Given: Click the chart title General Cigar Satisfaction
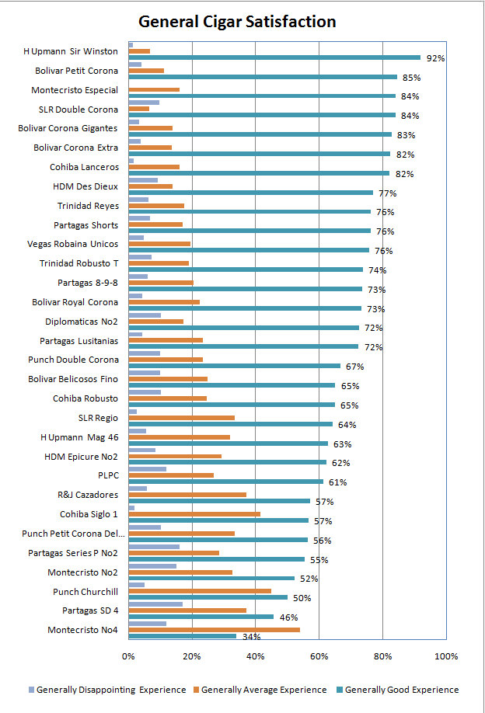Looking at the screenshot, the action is (x=237, y=22).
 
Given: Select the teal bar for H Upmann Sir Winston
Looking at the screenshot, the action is (x=274, y=57).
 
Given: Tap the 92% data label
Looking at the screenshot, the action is (x=435, y=58).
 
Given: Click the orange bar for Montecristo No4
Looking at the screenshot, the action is (x=215, y=630).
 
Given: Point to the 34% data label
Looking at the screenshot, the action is (x=251, y=637).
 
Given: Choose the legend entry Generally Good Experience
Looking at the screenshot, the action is (x=398, y=690).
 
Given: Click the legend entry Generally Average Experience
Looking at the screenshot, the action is (x=260, y=690).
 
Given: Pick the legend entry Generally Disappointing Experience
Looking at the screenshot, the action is (x=107, y=690).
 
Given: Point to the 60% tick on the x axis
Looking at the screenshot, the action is (x=319, y=656).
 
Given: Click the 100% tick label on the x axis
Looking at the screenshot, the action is (x=446, y=656).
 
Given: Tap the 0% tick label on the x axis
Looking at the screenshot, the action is (x=128, y=656).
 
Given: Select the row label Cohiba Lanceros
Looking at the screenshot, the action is (x=84, y=167).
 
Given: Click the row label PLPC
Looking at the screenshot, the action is (x=108, y=475).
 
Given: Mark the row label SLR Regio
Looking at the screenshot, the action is (x=98, y=418).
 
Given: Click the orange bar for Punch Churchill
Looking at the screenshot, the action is (x=200, y=591).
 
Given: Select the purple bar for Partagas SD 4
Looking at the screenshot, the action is (x=155, y=604).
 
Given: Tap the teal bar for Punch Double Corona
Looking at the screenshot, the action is (x=234, y=366).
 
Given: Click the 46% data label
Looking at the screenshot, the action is (x=289, y=617).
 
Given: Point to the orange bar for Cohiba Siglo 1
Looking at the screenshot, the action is (x=194, y=514).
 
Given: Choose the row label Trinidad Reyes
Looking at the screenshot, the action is (x=88, y=206).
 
